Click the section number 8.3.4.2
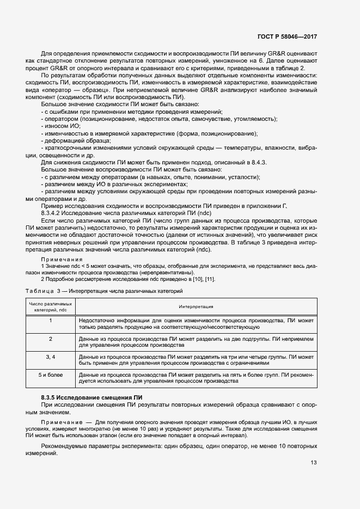[53, 214]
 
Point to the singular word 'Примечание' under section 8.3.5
[60, 422]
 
